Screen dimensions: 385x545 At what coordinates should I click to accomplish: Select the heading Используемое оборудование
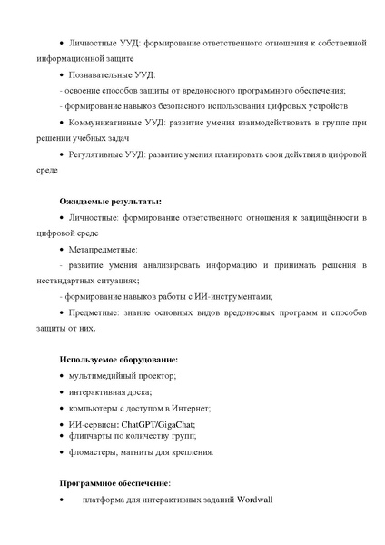pyautogui.click(x=118, y=359)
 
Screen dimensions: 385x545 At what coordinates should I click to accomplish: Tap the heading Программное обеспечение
pyautogui.click(x=114, y=482)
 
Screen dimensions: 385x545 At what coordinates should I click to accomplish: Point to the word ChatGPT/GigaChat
pyautogui.click(x=158, y=424)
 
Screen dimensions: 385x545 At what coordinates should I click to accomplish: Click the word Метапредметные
pyautogui.click(x=104, y=248)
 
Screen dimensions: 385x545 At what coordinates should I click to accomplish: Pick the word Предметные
pyautogui.click(x=97, y=312)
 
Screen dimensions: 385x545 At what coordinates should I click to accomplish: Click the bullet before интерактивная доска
pyautogui.click(x=61, y=392)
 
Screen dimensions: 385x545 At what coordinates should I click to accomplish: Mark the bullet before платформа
pyautogui.click(x=61, y=500)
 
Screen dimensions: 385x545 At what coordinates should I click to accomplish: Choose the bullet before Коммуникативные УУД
pyautogui.click(x=61, y=122)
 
